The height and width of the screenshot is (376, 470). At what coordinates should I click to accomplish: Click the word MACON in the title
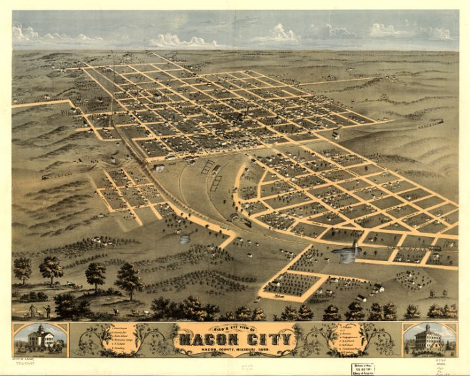[x=207, y=339]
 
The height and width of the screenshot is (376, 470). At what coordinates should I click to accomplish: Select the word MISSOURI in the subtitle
[x=250, y=353]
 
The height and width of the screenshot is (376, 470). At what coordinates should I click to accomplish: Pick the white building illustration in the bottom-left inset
[x=40, y=339]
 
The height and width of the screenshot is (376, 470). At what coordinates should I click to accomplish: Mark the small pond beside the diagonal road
[x=185, y=240]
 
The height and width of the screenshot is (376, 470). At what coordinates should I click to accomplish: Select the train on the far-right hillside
[x=430, y=122]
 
